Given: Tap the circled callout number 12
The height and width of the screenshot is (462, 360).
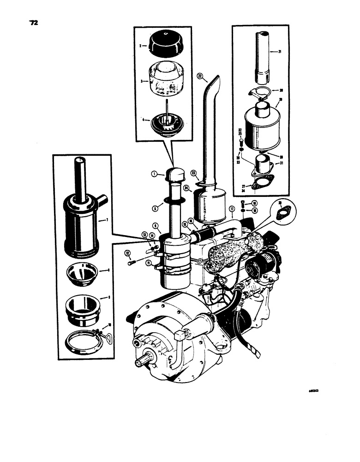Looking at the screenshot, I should (x=127, y=253).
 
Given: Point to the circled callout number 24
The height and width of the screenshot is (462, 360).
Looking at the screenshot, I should (x=186, y=188).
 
